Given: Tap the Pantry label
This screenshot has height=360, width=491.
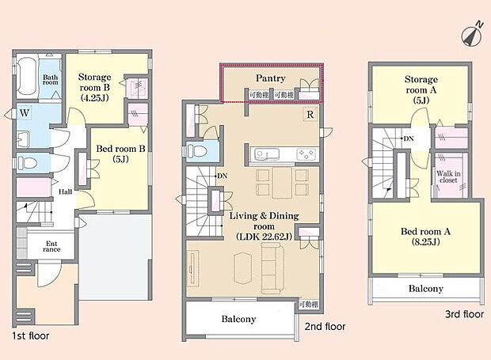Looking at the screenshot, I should pyautogui.click(x=270, y=78).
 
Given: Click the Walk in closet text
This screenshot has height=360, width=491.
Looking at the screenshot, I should pyautogui.click(x=450, y=174).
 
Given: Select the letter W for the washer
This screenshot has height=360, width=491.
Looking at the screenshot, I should pyautogui.click(x=25, y=113).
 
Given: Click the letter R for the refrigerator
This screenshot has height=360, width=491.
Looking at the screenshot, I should pyautogui.click(x=307, y=114).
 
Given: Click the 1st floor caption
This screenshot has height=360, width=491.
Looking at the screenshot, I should pyautogui.click(x=30, y=335).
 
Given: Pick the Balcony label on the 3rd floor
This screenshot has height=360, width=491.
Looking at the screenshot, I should pyautogui.click(x=425, y=289).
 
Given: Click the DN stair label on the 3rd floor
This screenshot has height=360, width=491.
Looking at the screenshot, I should pyautogui.click(x=408, y=139).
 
